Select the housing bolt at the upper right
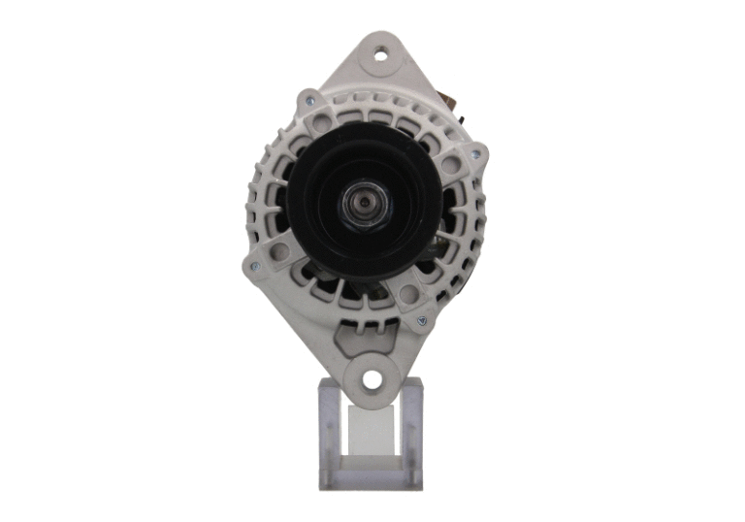[x=474, y=152]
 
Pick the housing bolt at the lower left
[x=254, y=268]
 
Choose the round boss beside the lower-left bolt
[x=277, y=254]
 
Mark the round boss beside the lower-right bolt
[x=407, y=296]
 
